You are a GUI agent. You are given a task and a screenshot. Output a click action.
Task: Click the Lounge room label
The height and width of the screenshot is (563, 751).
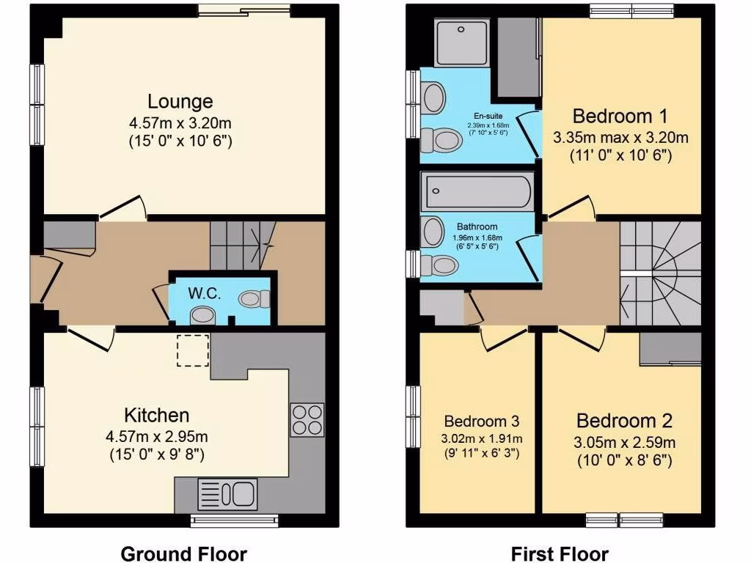tap(180, 101)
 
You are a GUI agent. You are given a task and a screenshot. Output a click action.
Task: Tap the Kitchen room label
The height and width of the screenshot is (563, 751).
tap(157, 416)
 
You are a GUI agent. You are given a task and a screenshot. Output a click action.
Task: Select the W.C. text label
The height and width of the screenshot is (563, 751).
tap(204, 293)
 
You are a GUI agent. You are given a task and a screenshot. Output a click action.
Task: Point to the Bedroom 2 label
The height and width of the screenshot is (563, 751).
tap(624, 421)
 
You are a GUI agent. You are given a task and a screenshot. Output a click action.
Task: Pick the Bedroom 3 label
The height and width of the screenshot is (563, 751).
tap(482, 422)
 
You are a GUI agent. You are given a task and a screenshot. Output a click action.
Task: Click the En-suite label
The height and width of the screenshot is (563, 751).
tap(488, 116)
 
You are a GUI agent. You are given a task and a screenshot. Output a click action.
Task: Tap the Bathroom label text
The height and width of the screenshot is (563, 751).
tap(477, 227)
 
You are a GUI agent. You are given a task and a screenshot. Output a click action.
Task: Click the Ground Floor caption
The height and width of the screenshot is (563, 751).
tap(183, 553)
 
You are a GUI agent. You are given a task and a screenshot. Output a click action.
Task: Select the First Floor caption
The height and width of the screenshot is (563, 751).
tap(560, 553)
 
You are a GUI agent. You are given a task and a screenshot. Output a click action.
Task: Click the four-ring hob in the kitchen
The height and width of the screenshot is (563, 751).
tap(307, 419)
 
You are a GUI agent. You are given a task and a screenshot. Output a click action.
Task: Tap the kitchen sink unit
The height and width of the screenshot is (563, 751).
tap(227, 493)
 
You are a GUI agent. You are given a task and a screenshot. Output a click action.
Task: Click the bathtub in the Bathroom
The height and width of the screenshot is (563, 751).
tap(477, 192)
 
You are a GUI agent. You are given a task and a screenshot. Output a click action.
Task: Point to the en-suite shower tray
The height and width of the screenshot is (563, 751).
tap(461, 43)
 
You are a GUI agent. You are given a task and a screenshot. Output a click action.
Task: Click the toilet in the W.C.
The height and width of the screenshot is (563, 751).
tap(254, 298)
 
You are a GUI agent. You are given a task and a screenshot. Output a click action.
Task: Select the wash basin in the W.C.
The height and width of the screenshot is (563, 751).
tap(201, 315)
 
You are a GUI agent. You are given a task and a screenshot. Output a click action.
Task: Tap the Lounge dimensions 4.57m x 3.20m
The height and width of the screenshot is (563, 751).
tap(180, 122)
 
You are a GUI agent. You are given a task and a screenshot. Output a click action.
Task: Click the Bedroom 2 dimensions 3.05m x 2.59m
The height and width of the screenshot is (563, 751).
tap(624, 442)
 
